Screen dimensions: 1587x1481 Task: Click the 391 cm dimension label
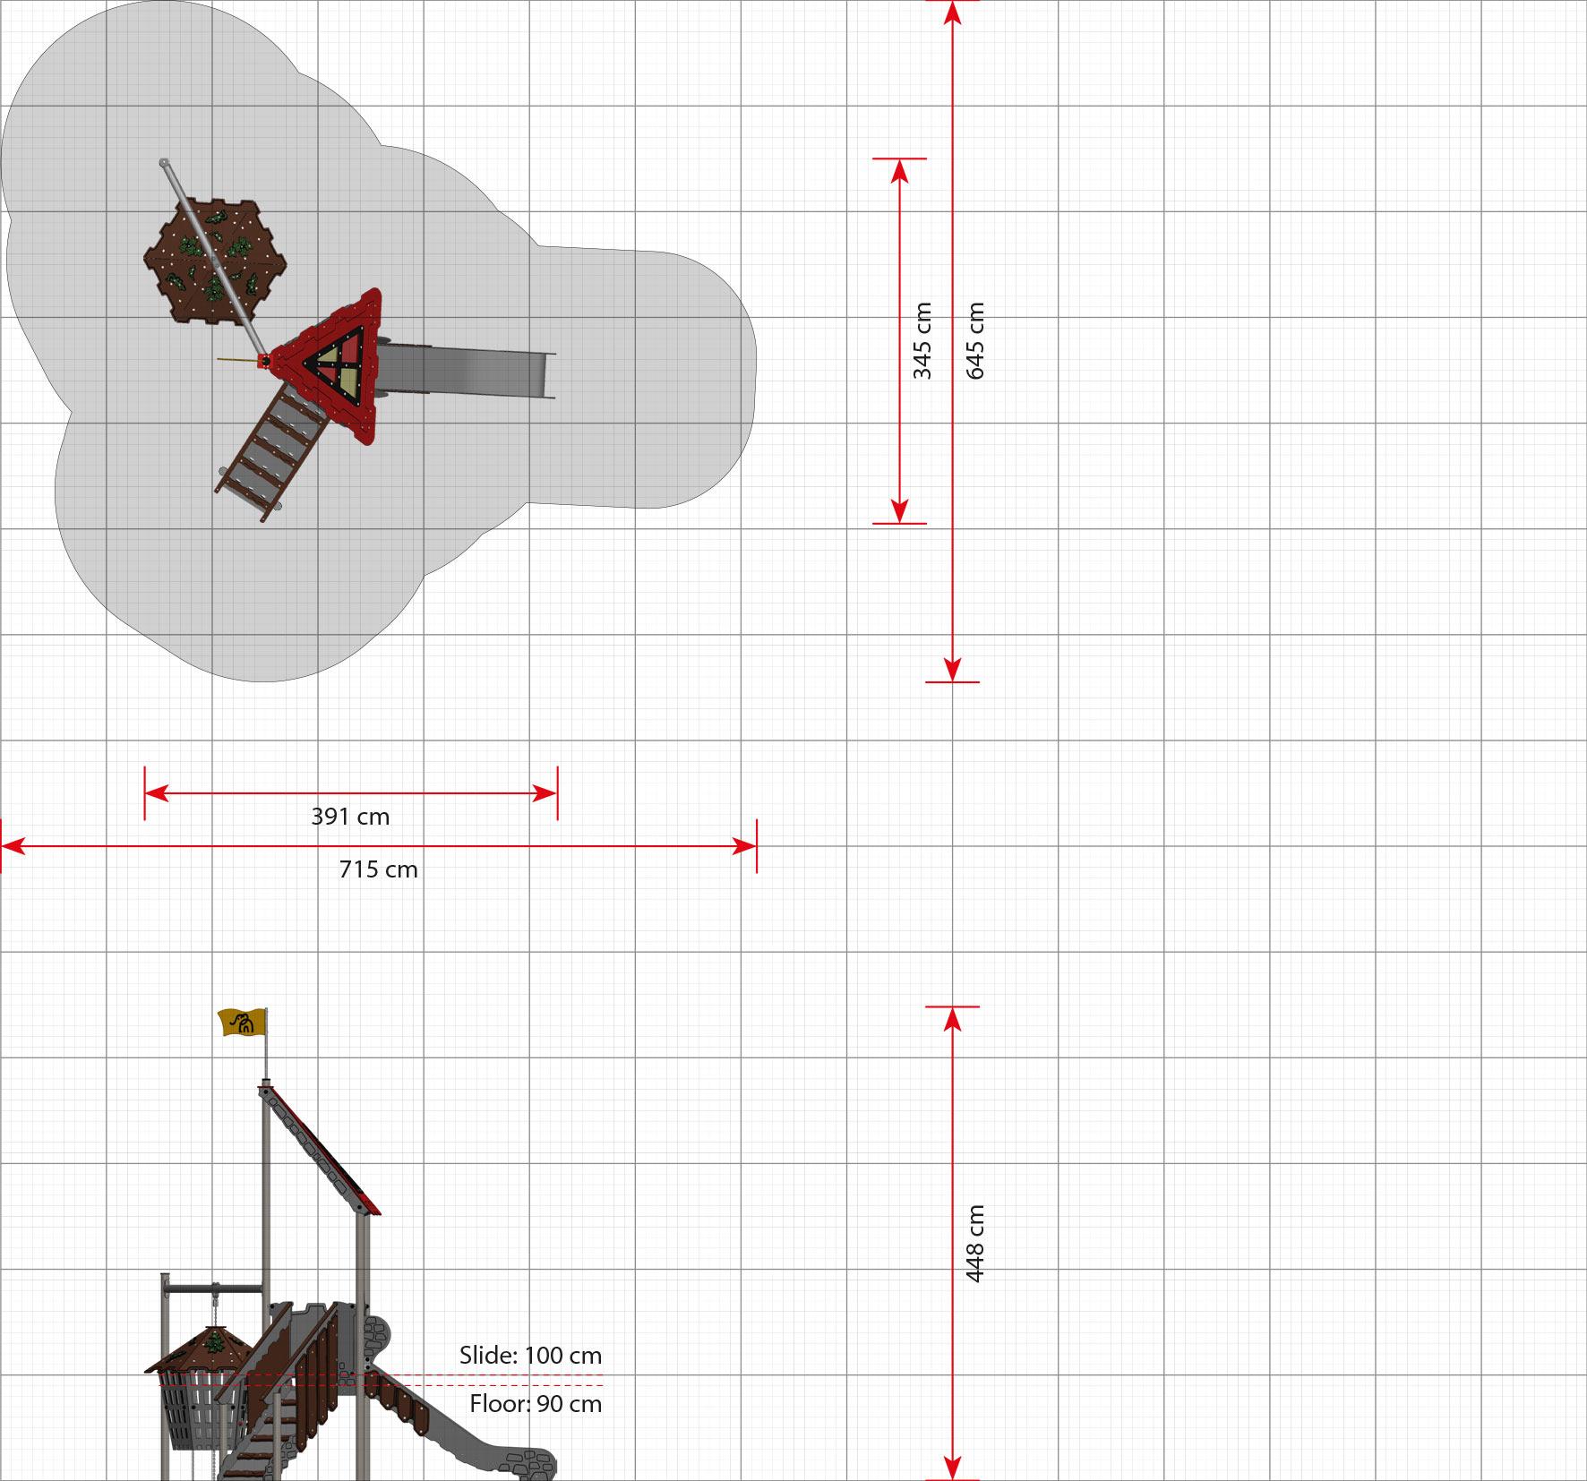pyautogui.click(x=350, y=817)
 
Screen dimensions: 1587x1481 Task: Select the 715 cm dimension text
pyautogui.click(x=378, y=869)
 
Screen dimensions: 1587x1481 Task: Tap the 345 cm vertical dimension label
pyautogui.click(x=923, y=341)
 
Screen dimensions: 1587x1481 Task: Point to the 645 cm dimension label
pyautogui.click(x=975, y=341)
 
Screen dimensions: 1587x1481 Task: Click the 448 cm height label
pyautogui.click(x=975, y=1244)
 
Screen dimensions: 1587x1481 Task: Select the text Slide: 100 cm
pyautogui.click(x=530, y=1356)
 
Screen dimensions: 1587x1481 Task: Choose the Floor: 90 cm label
pyautogui.click(x=536, y=1404)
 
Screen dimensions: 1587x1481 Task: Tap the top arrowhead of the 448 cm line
pyautogui.click(x=952, y=1019)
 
